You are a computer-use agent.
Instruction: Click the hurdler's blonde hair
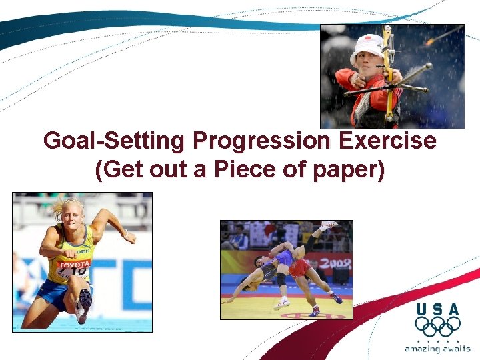coord(69,207)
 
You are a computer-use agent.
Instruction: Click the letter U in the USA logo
coord(422,309)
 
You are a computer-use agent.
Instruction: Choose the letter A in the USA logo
coord(453,309)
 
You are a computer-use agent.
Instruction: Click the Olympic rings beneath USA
coord(437,327)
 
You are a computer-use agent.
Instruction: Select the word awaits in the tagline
coord(455,348)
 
